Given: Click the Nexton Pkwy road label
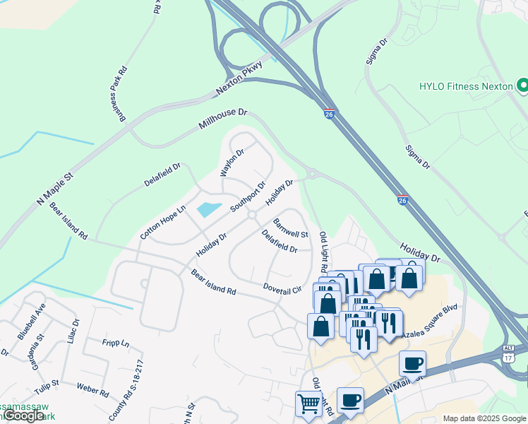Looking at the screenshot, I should click(239, 78).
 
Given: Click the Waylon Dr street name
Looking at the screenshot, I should click(232, 163).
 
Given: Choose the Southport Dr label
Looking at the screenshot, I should click(248, 197).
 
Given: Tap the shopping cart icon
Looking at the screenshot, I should click(309, 404).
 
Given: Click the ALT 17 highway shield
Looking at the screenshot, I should click(508, 355).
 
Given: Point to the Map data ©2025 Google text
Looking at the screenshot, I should click(484, 418).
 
